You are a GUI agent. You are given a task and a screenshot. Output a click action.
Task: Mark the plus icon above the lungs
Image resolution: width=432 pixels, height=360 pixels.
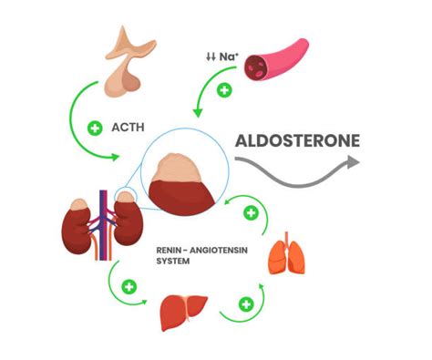tap(251, 214)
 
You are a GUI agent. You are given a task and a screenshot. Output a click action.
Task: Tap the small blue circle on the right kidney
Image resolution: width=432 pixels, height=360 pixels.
tap(127, 194)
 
